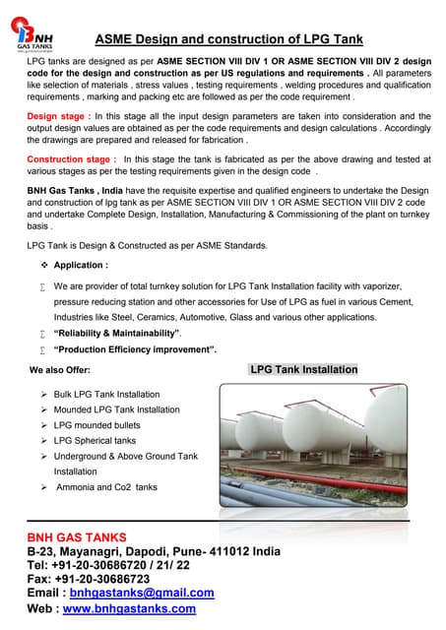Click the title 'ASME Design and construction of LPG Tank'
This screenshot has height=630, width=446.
(x=227, y=39)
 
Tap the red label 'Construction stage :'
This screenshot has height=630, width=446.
(x=70, y=158)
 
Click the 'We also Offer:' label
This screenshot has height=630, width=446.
(x=61, y=370)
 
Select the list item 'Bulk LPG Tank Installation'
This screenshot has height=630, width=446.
(x=106, y=394)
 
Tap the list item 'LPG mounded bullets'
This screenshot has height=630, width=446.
(x=96, y=424)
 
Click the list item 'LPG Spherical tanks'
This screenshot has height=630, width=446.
(x=95, y=440)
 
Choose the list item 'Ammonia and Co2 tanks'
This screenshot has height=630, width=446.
(x=105, y=486)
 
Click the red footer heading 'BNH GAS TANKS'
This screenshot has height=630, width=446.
(x=77, y=536)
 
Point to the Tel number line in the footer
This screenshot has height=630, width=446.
(x=109, y=565)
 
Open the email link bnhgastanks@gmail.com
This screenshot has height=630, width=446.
(x=149, y=593)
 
